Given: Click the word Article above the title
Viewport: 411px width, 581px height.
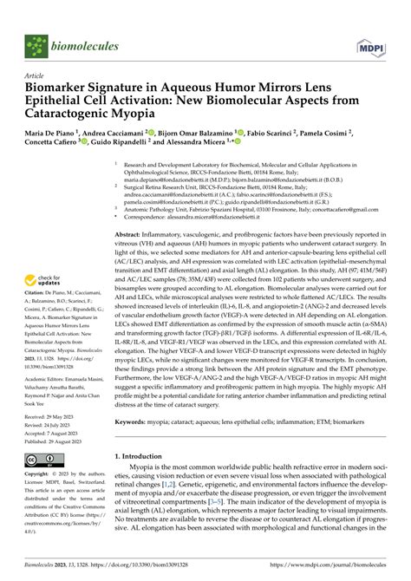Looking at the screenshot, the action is coord(36,75).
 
